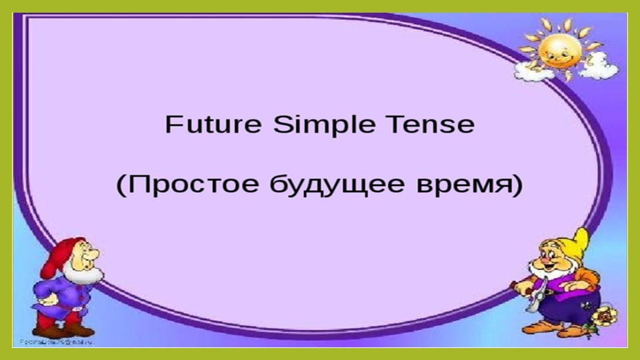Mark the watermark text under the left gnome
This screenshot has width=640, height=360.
(56, 341)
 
